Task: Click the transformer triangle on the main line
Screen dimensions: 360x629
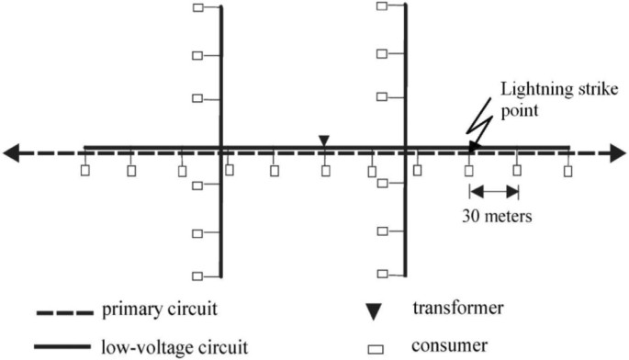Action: pyautogui.click(x=323, y=140)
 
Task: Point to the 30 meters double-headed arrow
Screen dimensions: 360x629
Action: pyautogui.click(x=494, y=191)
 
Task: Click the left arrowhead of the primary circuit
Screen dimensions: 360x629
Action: pyautogui.click(x=13, y=153)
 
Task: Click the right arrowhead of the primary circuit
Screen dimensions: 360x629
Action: pyautogui.click(x=615, y=153)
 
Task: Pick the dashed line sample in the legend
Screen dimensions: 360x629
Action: pyautogui.click(x=64, y=314)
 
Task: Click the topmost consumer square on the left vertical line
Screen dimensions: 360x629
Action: pyautogui.click(x=197, y=8)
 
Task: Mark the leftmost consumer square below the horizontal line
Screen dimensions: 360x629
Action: pyautogui.click(x=84, y=170)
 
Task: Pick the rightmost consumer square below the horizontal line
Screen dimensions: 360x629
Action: pyautogui.click(x=568, y=170)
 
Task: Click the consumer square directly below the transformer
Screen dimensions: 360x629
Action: pyautogui.click(x=325, y=170)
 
